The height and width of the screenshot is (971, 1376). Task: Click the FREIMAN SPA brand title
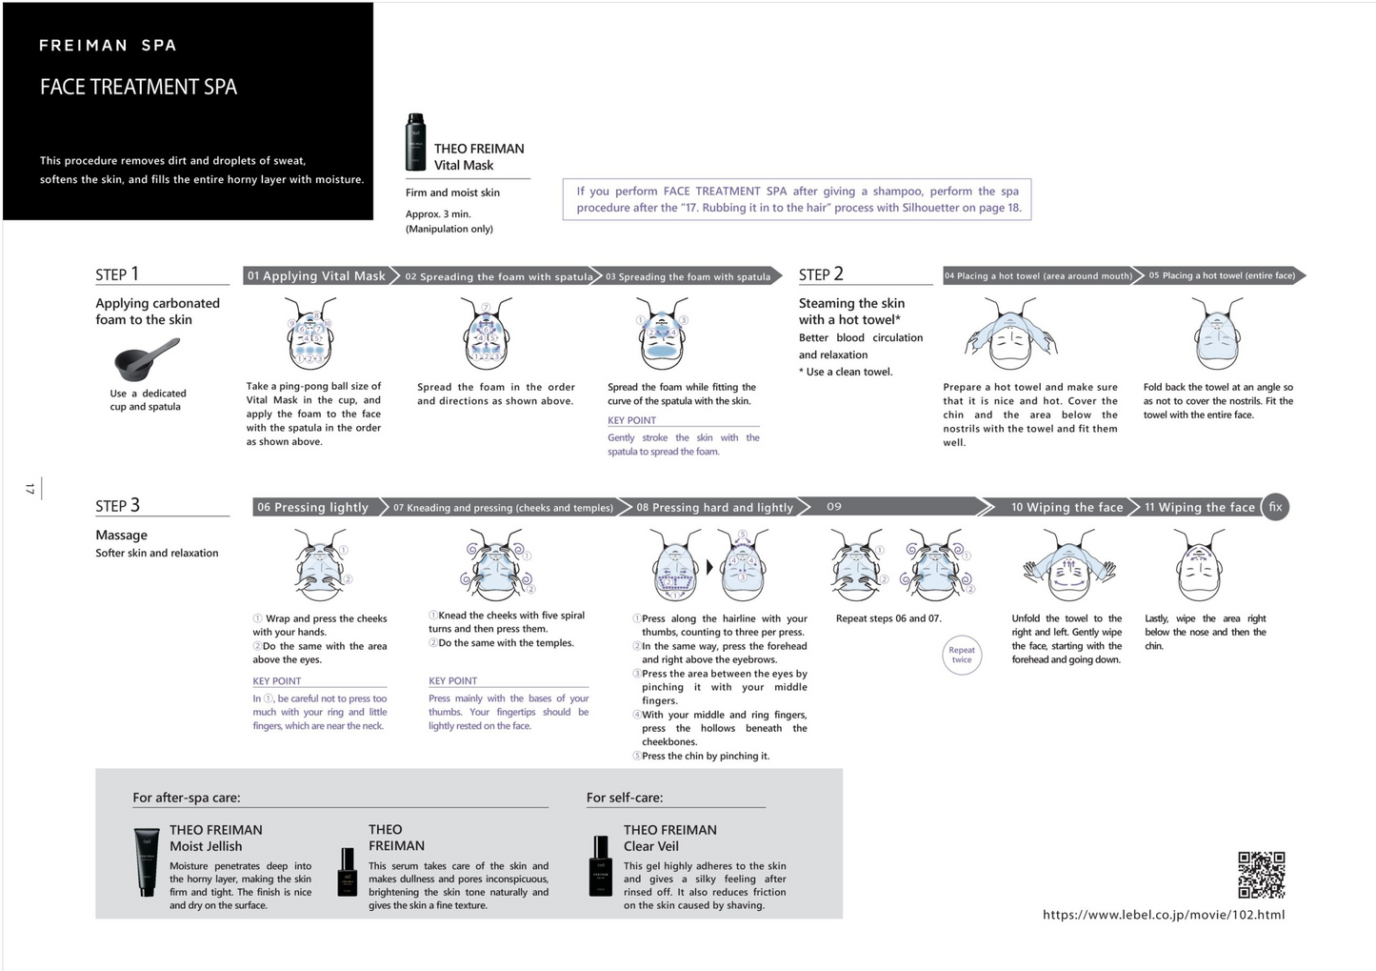pyautogui.click(x=108, y=46)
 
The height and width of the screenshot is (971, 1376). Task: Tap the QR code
pyautogui.click(x=1261, y=875)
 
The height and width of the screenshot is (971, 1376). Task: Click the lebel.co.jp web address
pyautogui.click(x=1163, y=915)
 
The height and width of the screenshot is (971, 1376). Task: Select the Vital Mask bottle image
pyautogui.click(x=415, y=142)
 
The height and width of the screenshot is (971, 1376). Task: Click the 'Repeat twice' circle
pyautogui.click(x=961, y=656)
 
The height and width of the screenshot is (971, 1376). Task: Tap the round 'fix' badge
pyautogui.click(x=1275, y=507)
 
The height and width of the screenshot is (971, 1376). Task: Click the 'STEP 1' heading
pyautogui.click(x=117, y=274)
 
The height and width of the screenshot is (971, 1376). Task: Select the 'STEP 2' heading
pyautogui.click(x=821, y=274)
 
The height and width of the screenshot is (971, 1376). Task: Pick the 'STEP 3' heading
pyautogui.click(x=117, y=506)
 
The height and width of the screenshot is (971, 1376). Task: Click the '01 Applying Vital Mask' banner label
pyautogui.click(x=316, y=276)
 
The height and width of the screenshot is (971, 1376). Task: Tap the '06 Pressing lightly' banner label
pyautogui.click(x=312, y=508)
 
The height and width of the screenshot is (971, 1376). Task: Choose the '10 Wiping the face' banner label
pyautogui.click(x=1067, y=508)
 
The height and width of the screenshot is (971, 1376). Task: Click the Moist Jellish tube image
pyautogui.click(x=147, y=862)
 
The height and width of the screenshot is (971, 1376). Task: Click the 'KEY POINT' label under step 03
pyautogui.click(x=631, y=420)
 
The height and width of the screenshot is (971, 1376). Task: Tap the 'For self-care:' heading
pyautogui.click(x=625, y=798)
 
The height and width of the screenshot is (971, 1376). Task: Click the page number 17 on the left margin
pyautogui.click(x=30, y=489)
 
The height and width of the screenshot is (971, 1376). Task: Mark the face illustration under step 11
pyautogui.click(x=1199, y=566)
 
